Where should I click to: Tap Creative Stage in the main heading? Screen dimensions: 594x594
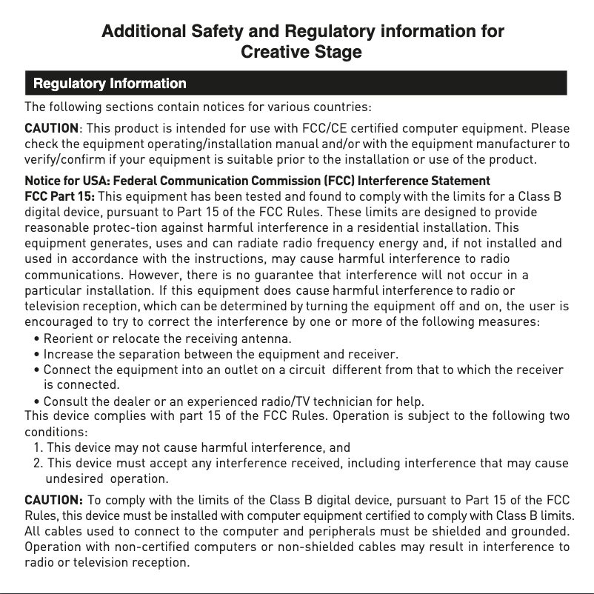pos(301,53)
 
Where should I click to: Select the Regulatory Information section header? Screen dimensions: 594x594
pos(106,83)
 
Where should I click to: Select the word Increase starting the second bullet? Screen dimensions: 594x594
pos(68,353)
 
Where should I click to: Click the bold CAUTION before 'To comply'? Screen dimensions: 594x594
pos(53,501)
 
